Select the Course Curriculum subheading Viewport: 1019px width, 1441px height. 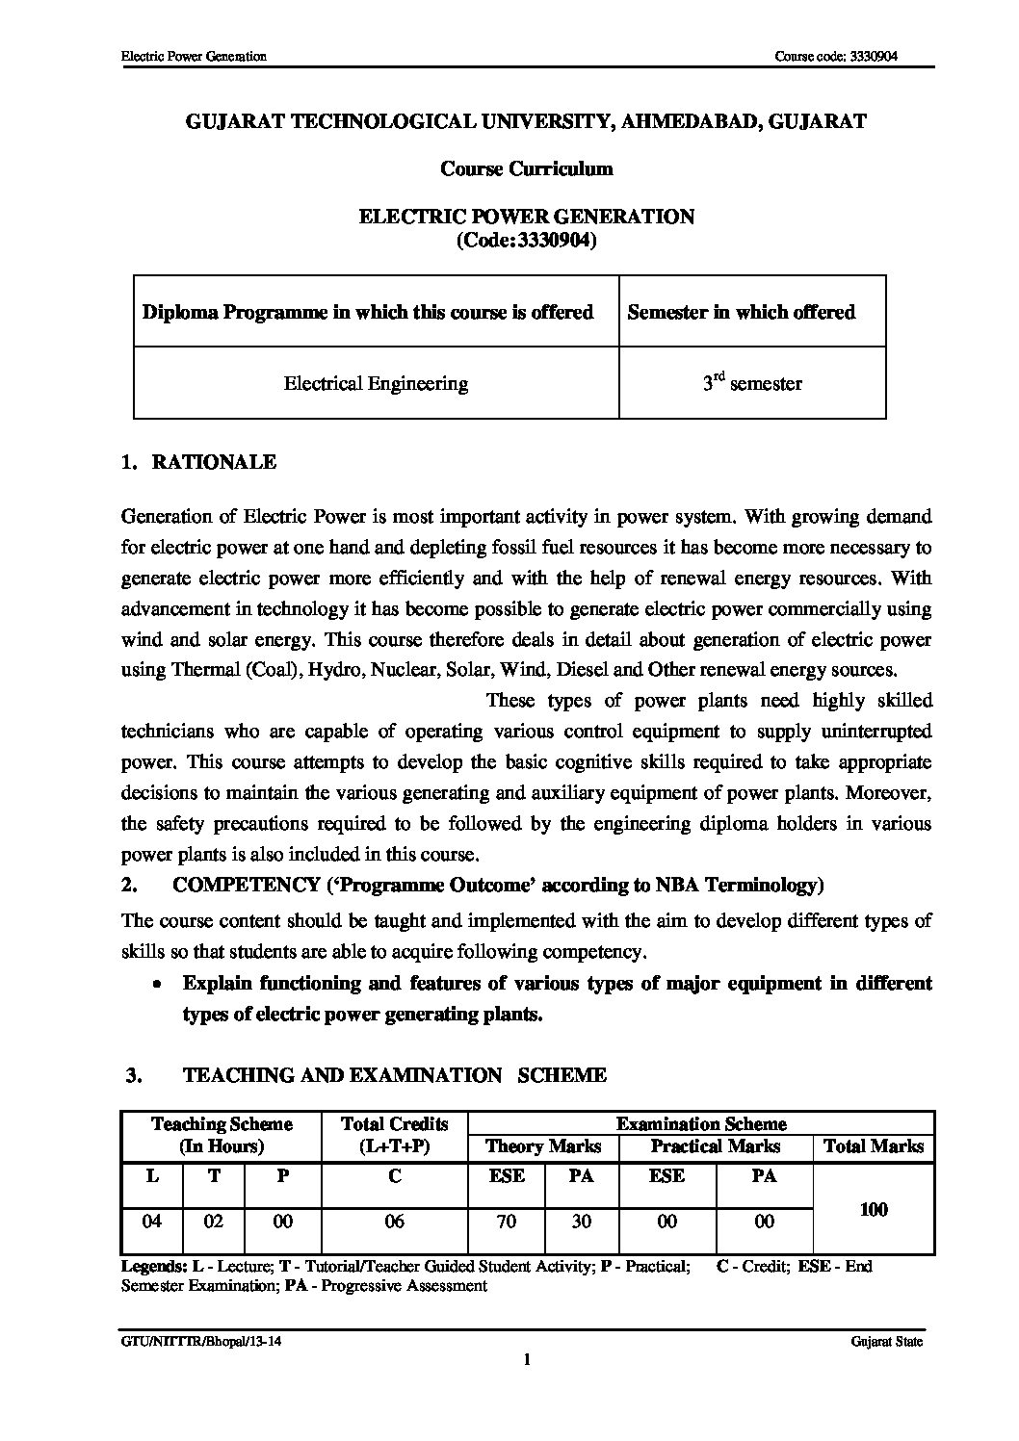pyautogui.click(x=526, y=168)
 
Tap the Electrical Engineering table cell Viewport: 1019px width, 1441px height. pyautogui.click(x=376, y=383)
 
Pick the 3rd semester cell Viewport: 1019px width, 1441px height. pyautogui.click(x=751, y=383)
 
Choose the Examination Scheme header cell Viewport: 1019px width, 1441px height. pyautogui.click(x=700, y=1123)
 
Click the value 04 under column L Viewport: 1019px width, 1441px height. pyautogui.click(x=151, y=1222)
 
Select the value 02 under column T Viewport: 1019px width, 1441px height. pyautogui.click(x=214, y=1222)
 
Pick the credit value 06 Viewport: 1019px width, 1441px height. pyautogui.click(x=394, y=1222)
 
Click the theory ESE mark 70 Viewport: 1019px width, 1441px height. pyautogui.click(x=506, y=1222)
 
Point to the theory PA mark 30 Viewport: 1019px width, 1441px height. pyautogui.click(x=581, y=1222)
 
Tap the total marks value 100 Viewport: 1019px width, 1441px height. pyautogui.click(x=873, y=1209)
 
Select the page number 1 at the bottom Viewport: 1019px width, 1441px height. pyautogui.click(x=526, y=1360)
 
